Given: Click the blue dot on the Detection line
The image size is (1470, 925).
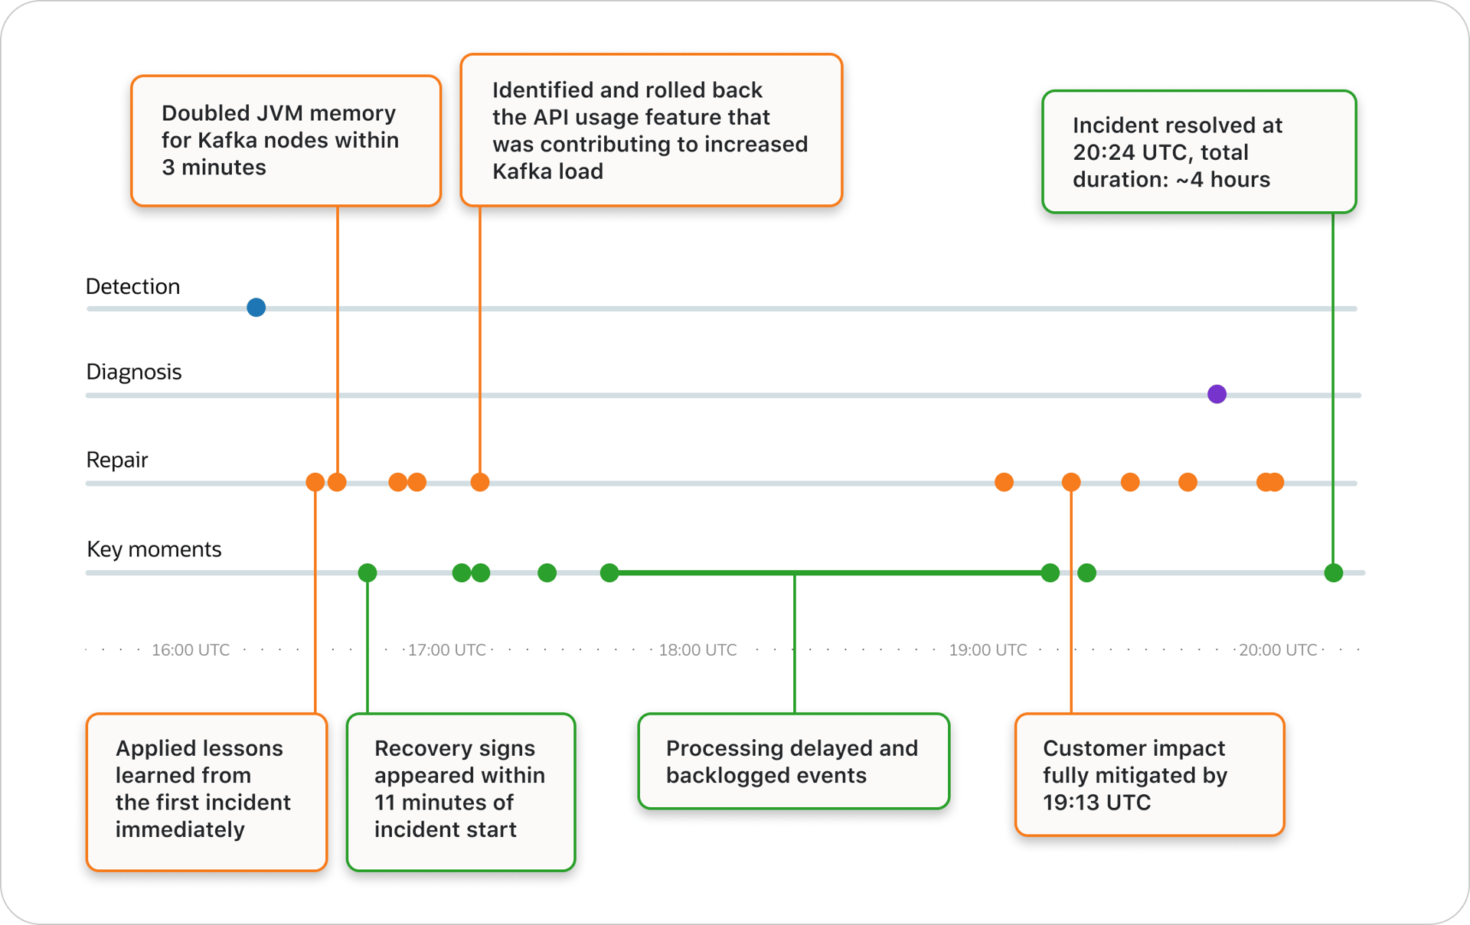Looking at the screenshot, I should [256, 308].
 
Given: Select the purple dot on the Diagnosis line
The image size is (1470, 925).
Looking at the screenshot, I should [1217, 394].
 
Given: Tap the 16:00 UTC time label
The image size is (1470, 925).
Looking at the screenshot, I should [191, 650].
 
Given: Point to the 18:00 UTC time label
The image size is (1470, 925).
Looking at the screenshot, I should [697, 650].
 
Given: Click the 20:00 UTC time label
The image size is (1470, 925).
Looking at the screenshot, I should [1278, 650].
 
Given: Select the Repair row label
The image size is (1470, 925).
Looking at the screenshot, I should [117, 460].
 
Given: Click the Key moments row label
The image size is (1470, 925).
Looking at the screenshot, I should [154, 549].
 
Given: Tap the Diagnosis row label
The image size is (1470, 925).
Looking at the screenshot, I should [134, 372].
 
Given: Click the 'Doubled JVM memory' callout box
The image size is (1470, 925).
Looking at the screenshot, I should [286, 141].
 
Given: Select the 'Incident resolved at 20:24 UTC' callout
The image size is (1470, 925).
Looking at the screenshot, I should [1199, 152].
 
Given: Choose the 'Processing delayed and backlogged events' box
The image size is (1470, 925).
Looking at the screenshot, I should [793, 761].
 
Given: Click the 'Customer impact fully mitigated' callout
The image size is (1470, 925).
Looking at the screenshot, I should [1149, 774].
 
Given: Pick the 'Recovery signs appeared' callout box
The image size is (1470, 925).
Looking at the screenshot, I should [460, 791].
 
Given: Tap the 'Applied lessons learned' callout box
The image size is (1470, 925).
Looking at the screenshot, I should [207, 791].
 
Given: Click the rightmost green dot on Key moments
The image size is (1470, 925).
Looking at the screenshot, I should [1334, 572].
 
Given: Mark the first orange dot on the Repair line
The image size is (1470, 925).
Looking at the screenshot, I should [315, 482].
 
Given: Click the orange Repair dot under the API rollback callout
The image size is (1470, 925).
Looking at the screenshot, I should [480, 482].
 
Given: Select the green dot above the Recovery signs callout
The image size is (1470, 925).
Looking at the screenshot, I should [367, 572].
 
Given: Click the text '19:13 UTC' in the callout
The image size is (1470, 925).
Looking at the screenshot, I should [1096, 803].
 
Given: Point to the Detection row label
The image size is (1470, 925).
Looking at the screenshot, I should [133, 287].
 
